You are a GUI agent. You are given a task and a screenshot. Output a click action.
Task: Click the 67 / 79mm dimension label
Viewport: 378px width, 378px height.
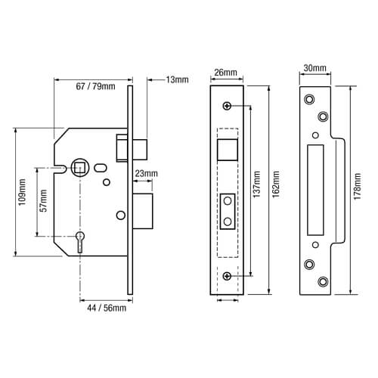(x=95, y=86)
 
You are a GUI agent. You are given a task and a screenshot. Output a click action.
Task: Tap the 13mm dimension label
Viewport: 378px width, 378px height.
(x=177, y=79)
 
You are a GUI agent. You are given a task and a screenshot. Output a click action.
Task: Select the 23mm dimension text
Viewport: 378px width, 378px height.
(x=146, y=174)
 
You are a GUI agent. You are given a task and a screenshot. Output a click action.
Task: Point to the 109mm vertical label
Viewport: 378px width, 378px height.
(x=22, y=192)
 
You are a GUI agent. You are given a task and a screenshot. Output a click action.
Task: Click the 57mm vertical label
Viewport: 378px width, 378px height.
(x=44, y=201)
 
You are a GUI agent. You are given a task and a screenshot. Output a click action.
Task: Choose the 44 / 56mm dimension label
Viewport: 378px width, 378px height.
(x=107, y=308)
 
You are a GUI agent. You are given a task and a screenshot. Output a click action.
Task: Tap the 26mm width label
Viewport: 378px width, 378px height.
(x=225, y=73)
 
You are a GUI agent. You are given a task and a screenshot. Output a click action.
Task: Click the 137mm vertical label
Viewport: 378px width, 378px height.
(x=256, y=184)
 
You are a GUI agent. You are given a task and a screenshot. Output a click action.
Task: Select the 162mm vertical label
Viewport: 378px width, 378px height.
(x=276, y=184)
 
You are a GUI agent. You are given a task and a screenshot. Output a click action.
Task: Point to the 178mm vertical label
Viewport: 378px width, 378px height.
(x=357, y=187)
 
